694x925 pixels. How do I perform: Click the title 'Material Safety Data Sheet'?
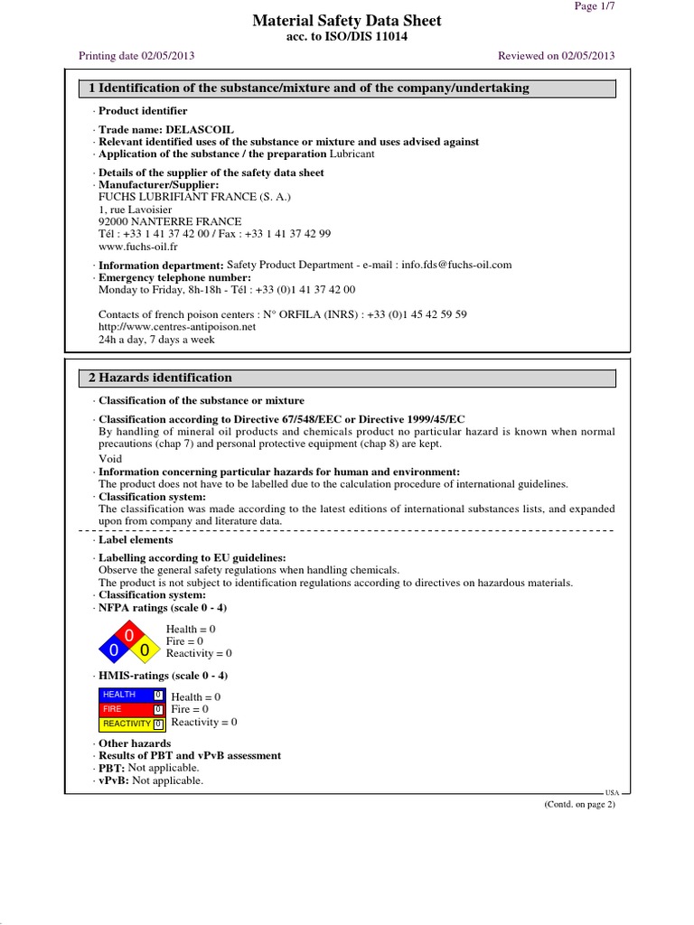pyautogui.click(x=347, y=21)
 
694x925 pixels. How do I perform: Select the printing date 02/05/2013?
pyautogui.click(x=167, y=55)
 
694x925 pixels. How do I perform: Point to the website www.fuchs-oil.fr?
pyautogui.click(x=137, y=246)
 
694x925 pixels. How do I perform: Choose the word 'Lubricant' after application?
pyautogui.click(x=352, y=154)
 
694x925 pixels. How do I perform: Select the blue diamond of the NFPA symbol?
pyautogui.click(x=114, y=650)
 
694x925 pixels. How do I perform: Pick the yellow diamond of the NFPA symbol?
pyautogui.click(x=143, y=650)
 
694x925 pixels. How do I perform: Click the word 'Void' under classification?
pyautogui.click(x=110, y=459)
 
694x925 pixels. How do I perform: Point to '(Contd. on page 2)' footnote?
pyautogui.click(x=579, y=805)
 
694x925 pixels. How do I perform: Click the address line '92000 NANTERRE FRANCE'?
pyautogui.click(x=170, y=221)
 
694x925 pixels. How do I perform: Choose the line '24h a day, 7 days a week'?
pyautogui.click(x=156, y=340)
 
